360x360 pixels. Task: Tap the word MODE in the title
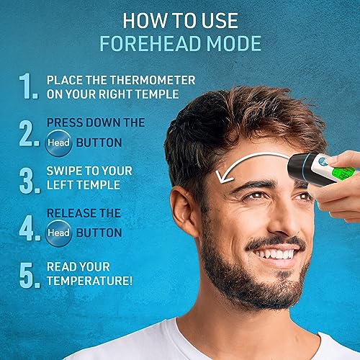pyautogui.click(x=234, y=43)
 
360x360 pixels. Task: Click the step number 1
pyautogui.click(x=28, y=86)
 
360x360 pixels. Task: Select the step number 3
pyautogui.click(x=30, y=181)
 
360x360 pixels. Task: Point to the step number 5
pyautogui.click(x=30, y=275)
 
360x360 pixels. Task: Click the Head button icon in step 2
pyautogui.click(x=58, y=143)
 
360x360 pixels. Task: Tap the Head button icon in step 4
pyautogui.click(x=58, y=233)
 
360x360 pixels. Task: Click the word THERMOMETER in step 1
pyautogui.click(x=153, y=80)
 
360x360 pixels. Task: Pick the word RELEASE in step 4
pyautogui.click(x=72, y=213)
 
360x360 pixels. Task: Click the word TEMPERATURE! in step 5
pyautogui.click(x=89, y=281)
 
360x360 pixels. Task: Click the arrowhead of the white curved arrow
pyautogui.click(x=223, y=177)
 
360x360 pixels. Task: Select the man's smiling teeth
pyautogui.click(x=276, y=254)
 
